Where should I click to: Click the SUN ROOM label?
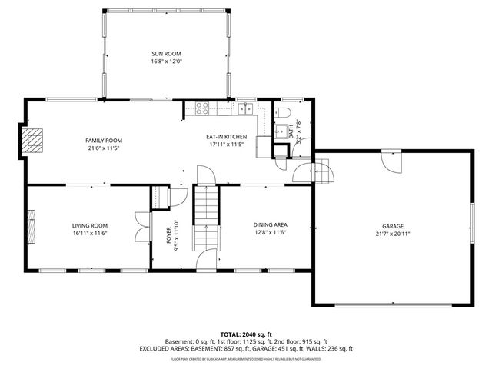[x=165, y=53]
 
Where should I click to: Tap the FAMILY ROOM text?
[x=104, y=140]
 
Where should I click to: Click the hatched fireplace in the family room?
[x=33, y=139]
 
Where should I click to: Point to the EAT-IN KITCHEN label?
[x=225, y=138]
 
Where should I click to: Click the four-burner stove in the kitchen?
[x=203, y=108]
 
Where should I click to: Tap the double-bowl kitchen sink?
[x=245, y=108]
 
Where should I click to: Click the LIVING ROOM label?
[x=90, y=225]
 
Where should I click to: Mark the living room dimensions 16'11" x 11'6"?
[x=90, y=232]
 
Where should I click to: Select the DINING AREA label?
[x=270, y=225]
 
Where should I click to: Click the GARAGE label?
[x=390, y=226]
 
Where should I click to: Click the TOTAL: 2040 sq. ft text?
[x=246, y=334]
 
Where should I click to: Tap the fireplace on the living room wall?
[x=32, y=226]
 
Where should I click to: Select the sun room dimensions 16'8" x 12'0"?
[x=165, y=60]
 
